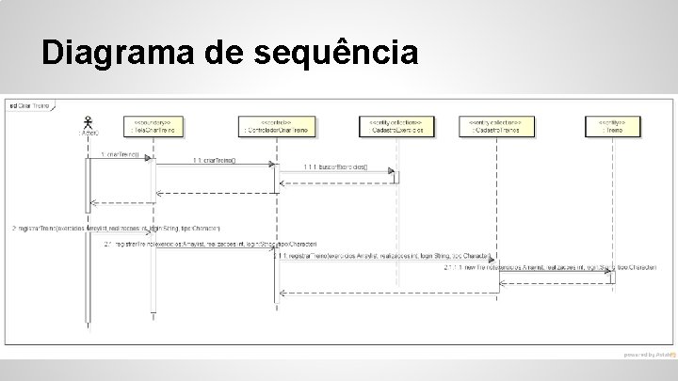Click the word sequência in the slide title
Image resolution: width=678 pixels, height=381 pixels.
coord(336,56)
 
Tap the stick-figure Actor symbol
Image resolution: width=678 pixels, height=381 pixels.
coord(89,121)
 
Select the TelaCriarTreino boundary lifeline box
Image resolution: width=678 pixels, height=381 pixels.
coord(153,125)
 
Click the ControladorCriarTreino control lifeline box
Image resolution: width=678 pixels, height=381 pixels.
coord(275,125)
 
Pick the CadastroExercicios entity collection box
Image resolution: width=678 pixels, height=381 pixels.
coord(397,125)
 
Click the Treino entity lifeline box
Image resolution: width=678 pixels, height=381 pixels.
coord(612,125)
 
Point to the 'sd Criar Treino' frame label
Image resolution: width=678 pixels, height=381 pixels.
coord(29,105)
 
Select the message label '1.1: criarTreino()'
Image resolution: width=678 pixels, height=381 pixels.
coord(216,160)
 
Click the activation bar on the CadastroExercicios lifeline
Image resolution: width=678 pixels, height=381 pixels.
coord(397,177)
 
